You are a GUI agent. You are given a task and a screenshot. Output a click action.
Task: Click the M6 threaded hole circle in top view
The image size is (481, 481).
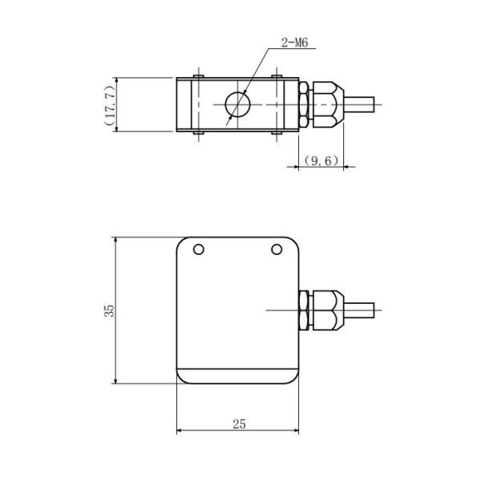tap(236, 105)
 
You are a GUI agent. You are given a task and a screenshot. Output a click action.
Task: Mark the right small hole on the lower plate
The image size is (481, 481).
tap(277, 249)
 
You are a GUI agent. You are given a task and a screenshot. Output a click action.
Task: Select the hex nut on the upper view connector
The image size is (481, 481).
tap(305, 105)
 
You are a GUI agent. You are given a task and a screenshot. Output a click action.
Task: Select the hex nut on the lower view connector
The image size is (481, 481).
tap(305, 310)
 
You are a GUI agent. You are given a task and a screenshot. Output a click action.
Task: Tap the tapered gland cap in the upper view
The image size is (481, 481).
tap(328, 105)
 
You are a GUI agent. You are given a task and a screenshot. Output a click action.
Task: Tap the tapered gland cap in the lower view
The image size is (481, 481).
tap(328, 310)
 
